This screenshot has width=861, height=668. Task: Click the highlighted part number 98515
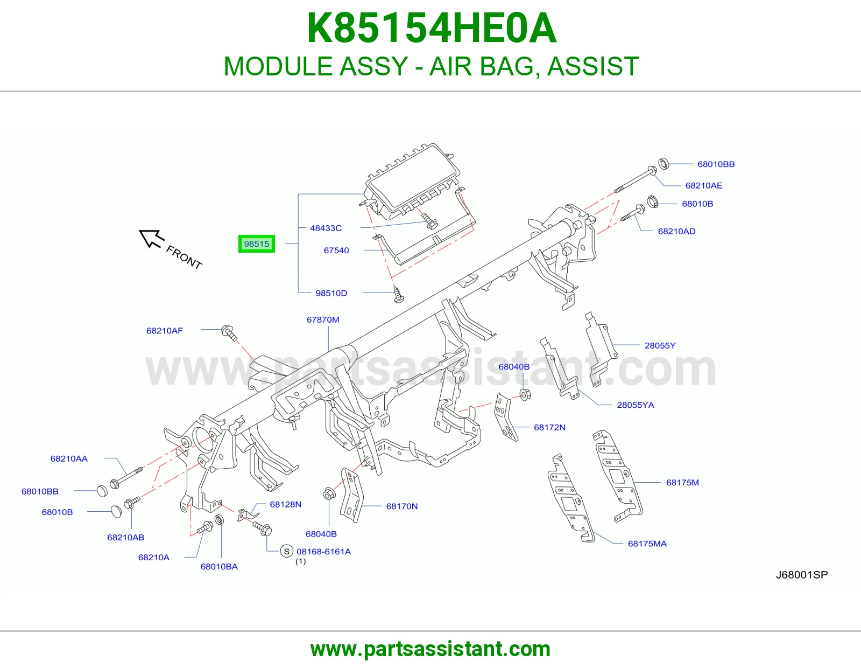[x=256, y=243]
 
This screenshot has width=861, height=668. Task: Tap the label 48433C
[x=326, y=228]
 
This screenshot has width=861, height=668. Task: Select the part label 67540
[x=336, y=250]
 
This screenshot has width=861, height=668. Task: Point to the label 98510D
[x=331, y=293]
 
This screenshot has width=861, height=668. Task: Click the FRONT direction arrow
[x=151, y=239]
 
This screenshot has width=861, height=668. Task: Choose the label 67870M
[x=323, y=319]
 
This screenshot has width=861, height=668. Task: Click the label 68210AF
[x=165, y=330]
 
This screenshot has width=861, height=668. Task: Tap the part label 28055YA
[x=636, y=405]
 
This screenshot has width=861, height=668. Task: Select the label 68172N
[x=549, y=427]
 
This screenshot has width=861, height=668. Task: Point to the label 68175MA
[x=647, y=544]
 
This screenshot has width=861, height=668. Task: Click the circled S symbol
[x=286, y=552]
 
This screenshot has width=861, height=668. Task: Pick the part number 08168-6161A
[x=324, y=552]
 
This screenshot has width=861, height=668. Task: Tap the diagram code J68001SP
[x=802, y=574]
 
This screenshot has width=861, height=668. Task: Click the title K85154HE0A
[x=432, y=28]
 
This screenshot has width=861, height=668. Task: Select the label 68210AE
[x=704, y=185]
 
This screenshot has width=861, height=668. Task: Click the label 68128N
[x=286, y=504]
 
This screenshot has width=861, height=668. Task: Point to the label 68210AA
[x=69, y=458]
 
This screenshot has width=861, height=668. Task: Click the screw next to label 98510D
[x=398, y=294]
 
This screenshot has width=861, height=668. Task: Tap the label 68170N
[x=402, y=506]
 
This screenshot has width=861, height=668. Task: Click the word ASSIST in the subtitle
[x=593, y=66]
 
